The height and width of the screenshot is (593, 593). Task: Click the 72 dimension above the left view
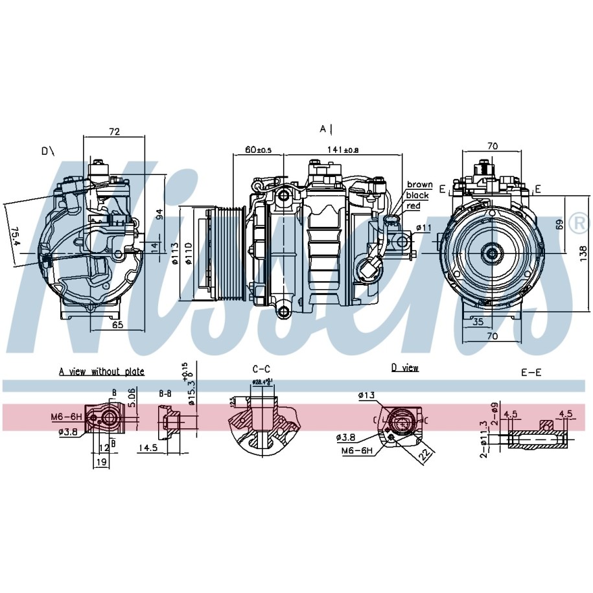pos(114,132)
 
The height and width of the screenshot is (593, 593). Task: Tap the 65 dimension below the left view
pos(117,325)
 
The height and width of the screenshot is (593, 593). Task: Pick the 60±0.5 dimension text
pos(258,150)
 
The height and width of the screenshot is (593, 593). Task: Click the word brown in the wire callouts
pos(419,185)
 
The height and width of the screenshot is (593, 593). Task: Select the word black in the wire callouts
pos(417,195)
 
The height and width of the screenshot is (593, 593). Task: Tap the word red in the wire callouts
pos(413,205)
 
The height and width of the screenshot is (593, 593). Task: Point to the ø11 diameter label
pos(423,227)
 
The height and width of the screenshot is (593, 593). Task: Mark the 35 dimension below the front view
pos(478,321)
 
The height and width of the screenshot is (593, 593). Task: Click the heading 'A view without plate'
pos(102,371)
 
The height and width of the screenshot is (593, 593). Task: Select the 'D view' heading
pos(405,368)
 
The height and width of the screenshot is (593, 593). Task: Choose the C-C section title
pos(260,368)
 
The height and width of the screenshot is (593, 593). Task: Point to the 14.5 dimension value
pos(148,447)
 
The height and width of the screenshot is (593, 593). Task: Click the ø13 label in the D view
pos(366,395)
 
